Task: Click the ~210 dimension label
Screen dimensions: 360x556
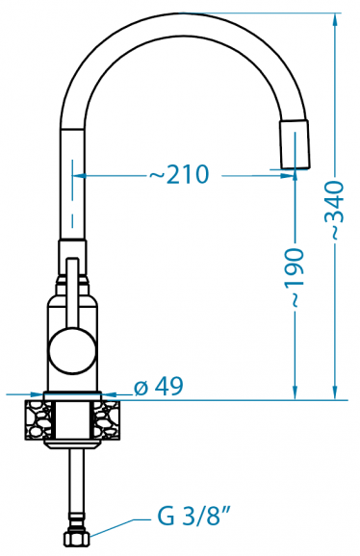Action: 179,174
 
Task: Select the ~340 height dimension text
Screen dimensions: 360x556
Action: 334,210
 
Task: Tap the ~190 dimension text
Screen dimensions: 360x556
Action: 294,277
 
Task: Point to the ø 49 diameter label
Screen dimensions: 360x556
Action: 159,386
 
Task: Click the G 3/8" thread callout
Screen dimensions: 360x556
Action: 193,518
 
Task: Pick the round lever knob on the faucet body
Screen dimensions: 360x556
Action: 72,350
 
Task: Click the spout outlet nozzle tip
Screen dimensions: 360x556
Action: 294,144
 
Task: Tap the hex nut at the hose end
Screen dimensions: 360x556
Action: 77,539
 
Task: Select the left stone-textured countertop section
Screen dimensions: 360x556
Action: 39,420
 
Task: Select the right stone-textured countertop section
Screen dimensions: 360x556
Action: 107,420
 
